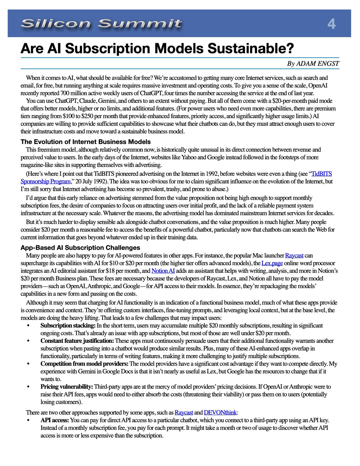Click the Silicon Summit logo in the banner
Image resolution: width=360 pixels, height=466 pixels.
pos(101,24)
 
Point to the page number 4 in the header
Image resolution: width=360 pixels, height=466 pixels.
pos(331,24)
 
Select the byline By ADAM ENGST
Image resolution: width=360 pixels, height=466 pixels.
pos(313,64)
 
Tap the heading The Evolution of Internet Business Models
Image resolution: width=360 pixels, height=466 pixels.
pos(85,142)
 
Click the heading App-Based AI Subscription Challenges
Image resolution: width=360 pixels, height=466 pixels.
pos(80,247)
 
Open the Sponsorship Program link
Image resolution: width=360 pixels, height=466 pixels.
pos(46,182)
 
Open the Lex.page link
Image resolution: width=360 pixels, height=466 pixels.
pos(272,263)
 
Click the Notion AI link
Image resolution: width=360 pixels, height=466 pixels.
pos(163,271)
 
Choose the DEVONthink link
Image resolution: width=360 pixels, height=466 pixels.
pos(220,412)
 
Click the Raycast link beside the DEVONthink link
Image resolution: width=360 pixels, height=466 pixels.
pos(184,412)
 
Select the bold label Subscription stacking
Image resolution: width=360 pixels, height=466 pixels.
pos(68,326)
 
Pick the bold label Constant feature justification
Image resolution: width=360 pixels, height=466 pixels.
pos(77,341)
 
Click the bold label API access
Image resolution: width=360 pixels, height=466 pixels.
pos(55,420)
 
